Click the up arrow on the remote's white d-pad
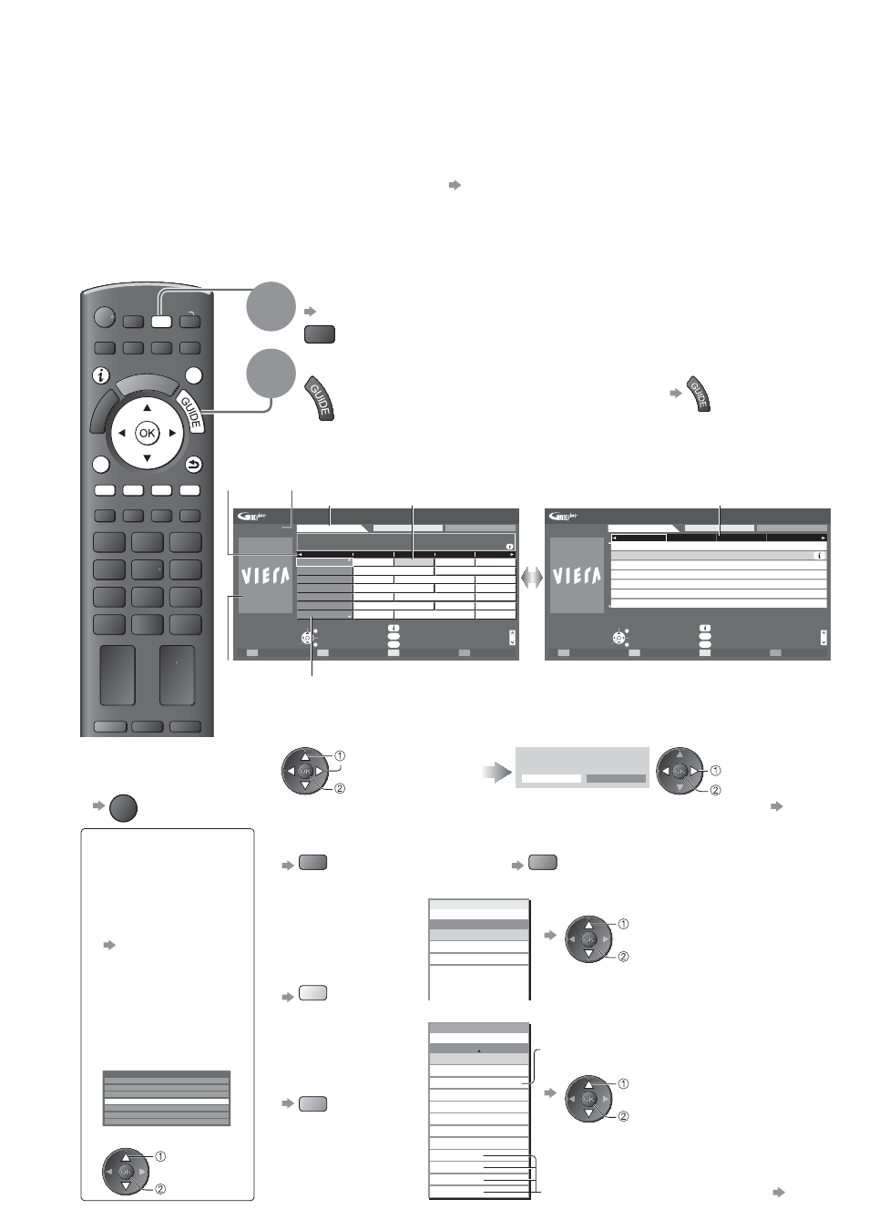click(148, 407)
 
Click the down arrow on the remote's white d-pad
click(148, 458)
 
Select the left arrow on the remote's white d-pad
click(122, 434)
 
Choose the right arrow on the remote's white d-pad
click(172, 434)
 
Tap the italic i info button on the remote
click(100, 376)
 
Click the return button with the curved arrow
click(193, 465)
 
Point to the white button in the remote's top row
click(161, 321)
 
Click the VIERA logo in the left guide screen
click(266, 576)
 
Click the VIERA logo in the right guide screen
click(577, 576)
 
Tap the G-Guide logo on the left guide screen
click(253, 517)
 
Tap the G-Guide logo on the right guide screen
click(565, 517)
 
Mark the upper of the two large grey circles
click(271, 306)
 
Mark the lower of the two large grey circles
click(271, 373)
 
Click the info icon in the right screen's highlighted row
click(819, 556)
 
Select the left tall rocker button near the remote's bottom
click(118, 675)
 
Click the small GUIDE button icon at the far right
click(699, 394)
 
